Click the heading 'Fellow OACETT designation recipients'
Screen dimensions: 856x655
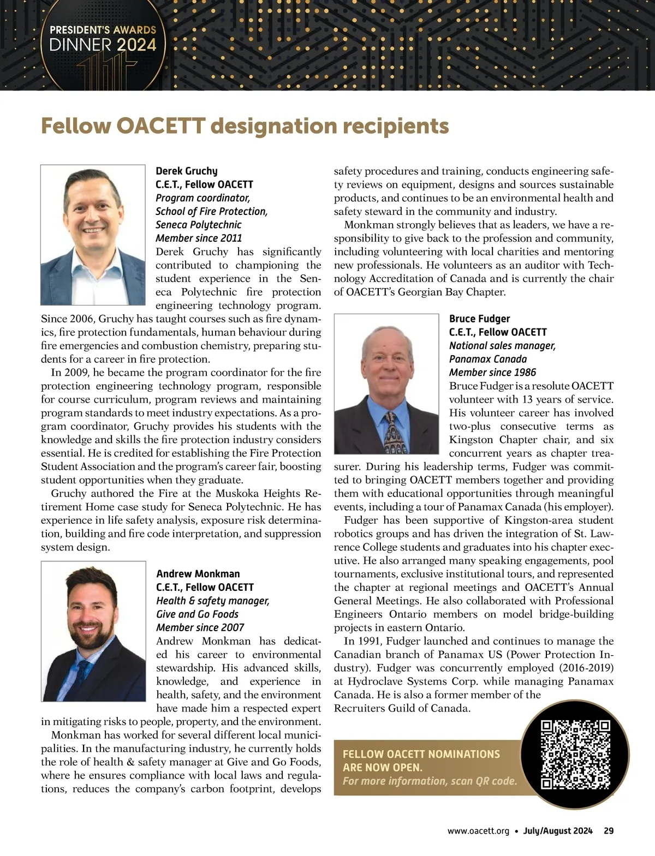(x=245, y=126)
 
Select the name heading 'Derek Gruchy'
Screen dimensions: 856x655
(x=187, y=171)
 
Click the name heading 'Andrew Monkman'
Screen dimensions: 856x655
(x=198, y=574)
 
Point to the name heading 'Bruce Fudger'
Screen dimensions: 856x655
(x=479, y=319)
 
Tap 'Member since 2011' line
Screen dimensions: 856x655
(x=199, y=238)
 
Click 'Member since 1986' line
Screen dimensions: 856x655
(x=492, y=373)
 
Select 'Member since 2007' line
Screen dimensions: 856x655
(x=200, y=627)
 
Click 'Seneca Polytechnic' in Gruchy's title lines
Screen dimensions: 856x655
(x=198, y=225)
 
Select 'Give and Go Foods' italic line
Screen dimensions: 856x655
(x=198, y=614)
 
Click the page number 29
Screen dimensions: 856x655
(x=609, y=831)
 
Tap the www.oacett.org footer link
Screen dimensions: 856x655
(x=478, y=831)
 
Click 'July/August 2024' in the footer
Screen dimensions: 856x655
(x=557, y=831)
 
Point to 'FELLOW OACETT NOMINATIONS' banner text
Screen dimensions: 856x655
(x=421, y=754)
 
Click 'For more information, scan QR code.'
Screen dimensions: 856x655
(x=430, y=781)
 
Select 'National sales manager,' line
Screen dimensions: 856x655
(x=502, y=346)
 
